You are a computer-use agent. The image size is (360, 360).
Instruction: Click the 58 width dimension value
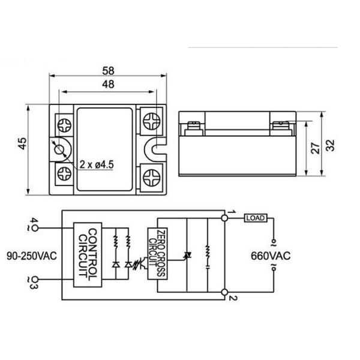(x=109, y=70)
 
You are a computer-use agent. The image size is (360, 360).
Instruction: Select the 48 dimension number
(x=109, y=85)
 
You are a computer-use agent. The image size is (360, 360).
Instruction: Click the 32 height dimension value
(x=331, y=146)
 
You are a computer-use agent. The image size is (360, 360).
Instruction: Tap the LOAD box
(x=255, y=218)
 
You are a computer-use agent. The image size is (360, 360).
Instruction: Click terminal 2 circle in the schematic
(x=225, y=292)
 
